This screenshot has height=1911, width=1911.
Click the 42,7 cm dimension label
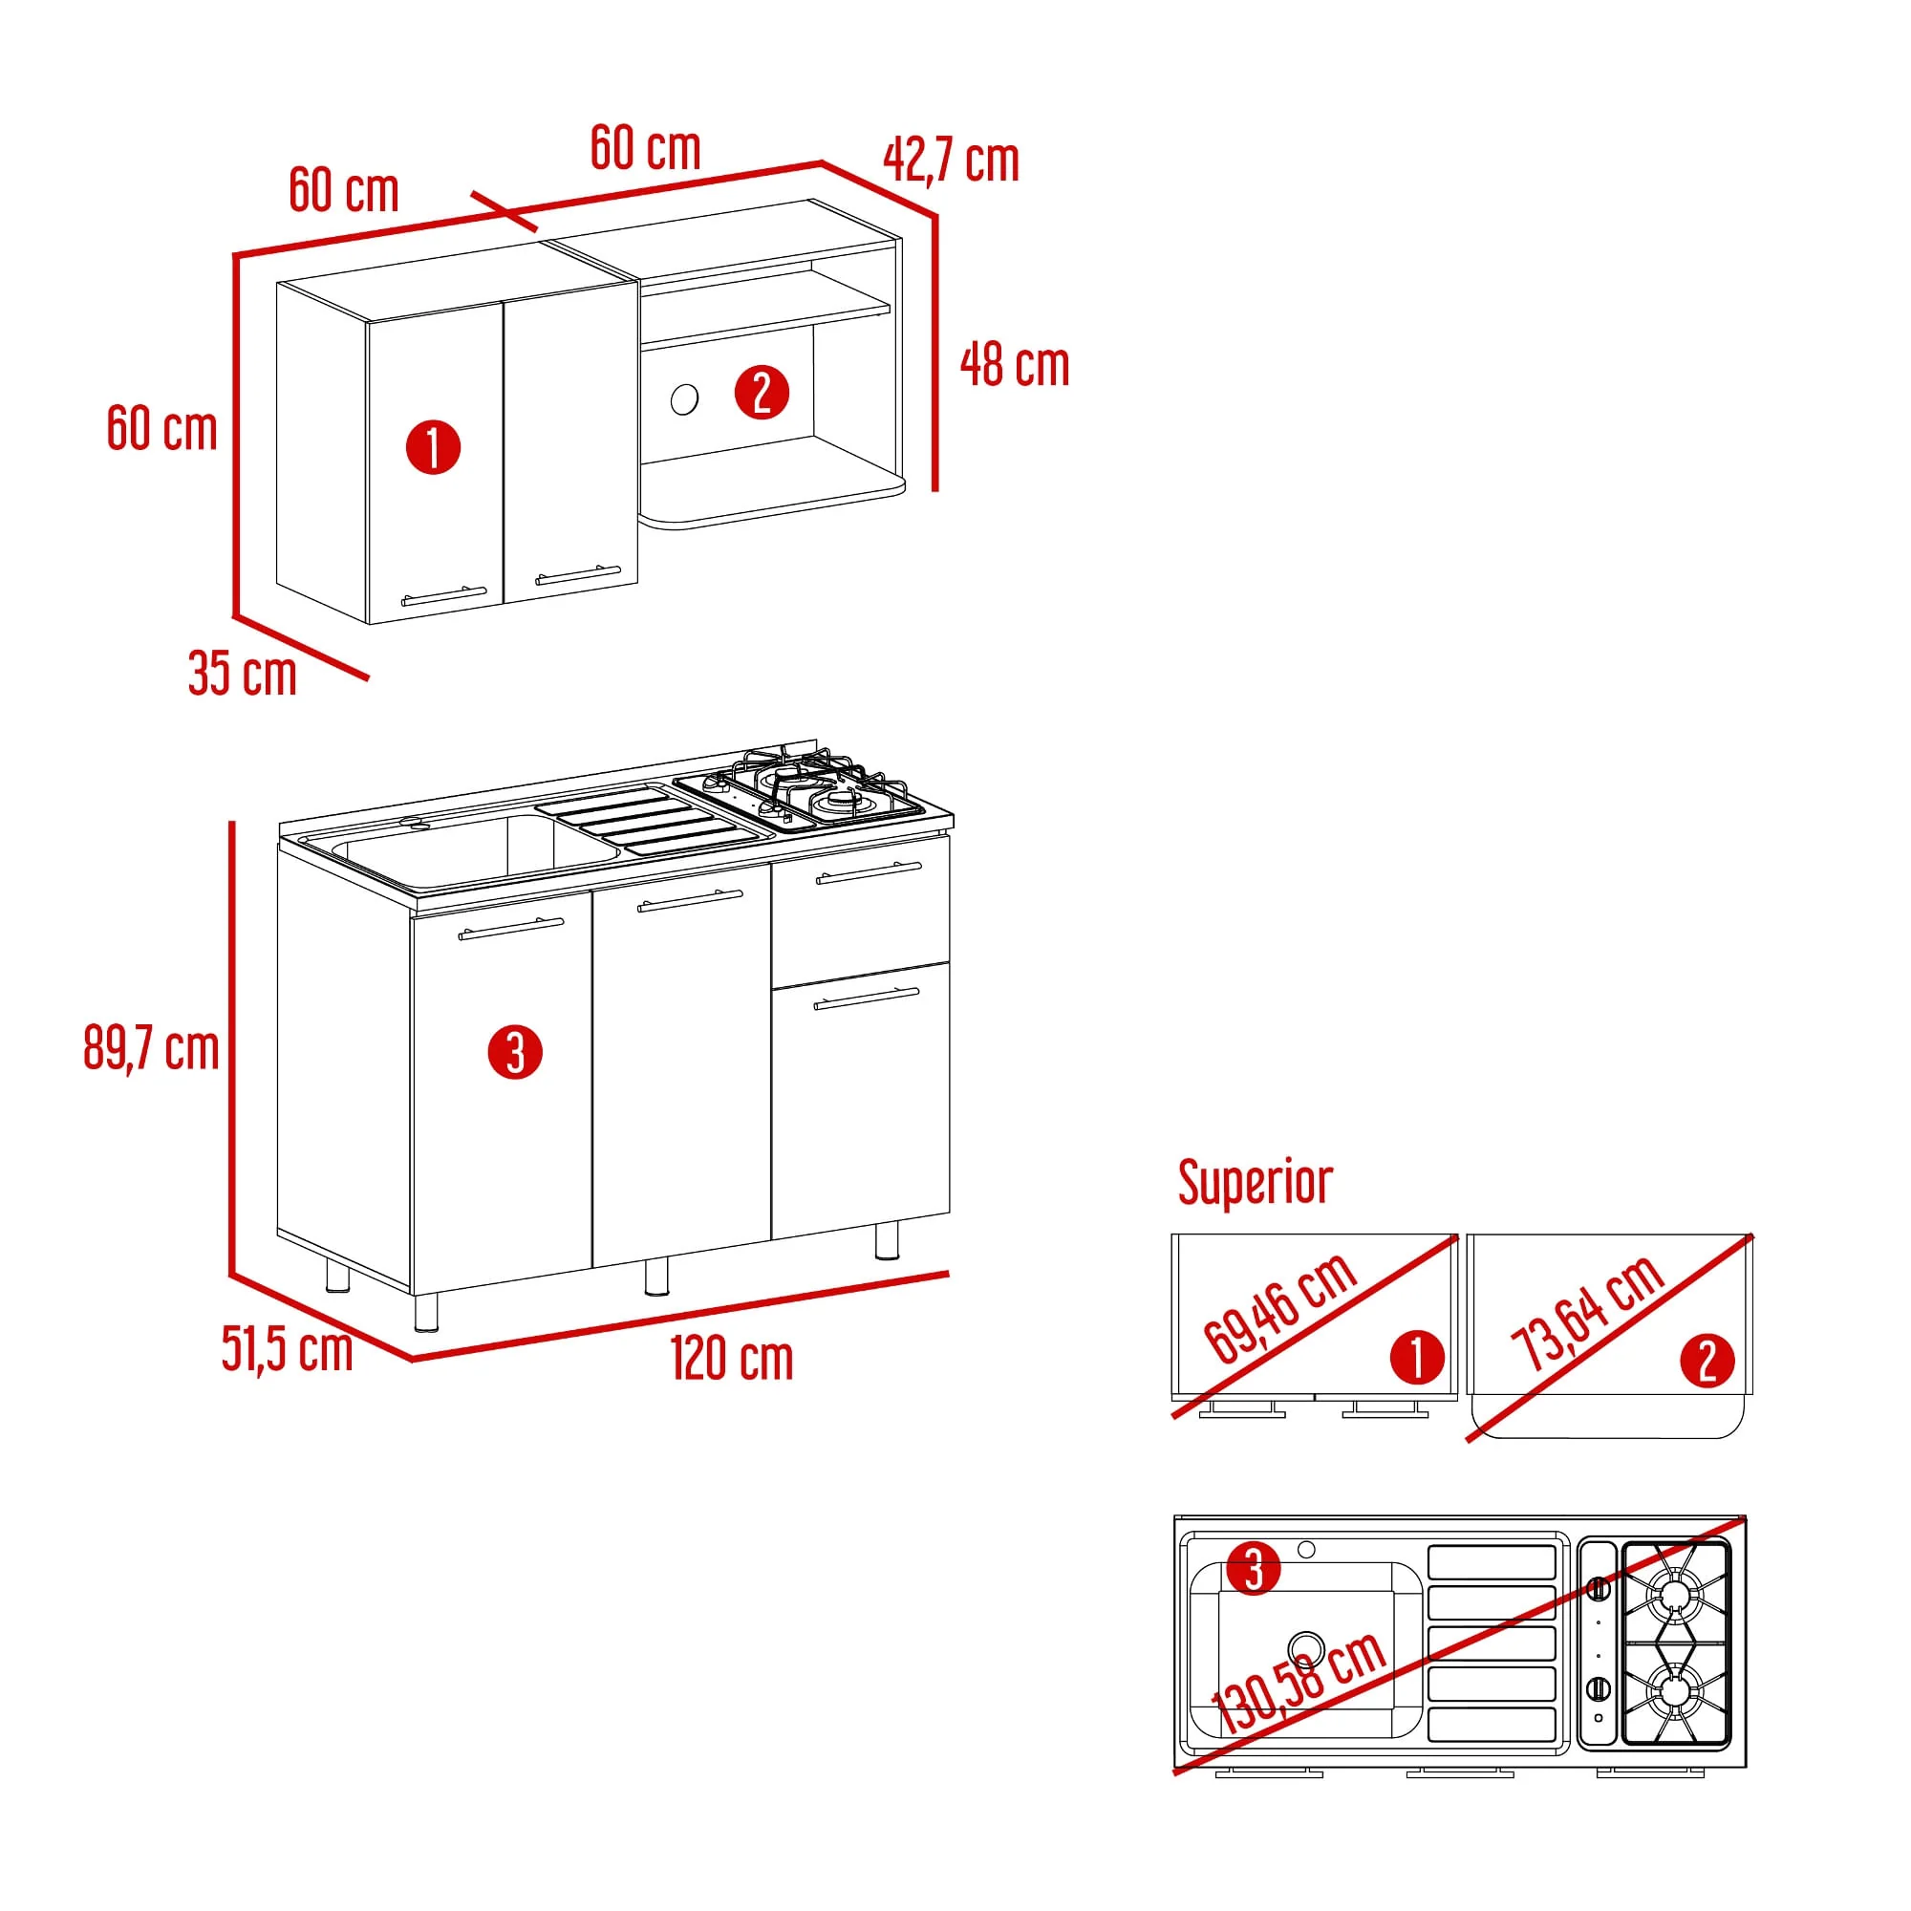pos(951,161)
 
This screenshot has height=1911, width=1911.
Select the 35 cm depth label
pos(243,674)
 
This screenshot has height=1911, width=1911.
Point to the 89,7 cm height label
pos(151,1047)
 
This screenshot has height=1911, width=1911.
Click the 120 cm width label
pos(732,1358)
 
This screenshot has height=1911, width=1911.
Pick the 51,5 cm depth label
pos(287,1349)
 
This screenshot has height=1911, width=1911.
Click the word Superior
pos(1256,1182)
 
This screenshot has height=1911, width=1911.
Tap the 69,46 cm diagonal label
pos(1280,1308)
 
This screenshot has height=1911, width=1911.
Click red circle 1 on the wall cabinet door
pos(433,447)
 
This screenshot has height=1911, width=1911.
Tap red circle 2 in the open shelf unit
pos(762,392)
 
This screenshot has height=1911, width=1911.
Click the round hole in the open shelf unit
pos(684,399)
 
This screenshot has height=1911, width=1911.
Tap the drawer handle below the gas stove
pos(869,872)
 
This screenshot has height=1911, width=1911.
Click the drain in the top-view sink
pos(1306,1648)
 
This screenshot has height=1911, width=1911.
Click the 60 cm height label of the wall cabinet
pos(162,428)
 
